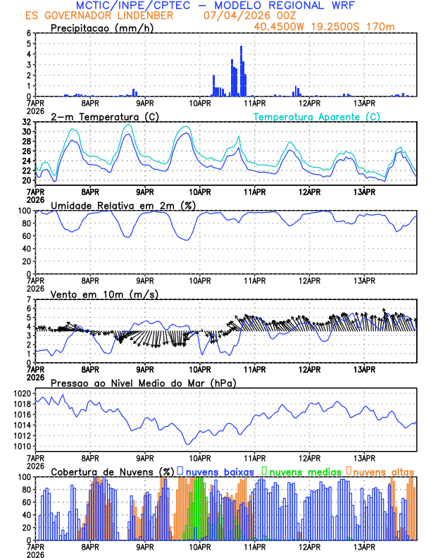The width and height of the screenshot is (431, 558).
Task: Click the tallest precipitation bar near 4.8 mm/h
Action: coord(241,70)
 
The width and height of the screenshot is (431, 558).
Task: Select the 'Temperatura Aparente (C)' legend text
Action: coord(317,116)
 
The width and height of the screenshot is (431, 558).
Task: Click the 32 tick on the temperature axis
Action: coord(27,121)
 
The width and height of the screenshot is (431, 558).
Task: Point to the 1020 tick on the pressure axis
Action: coord(23,393)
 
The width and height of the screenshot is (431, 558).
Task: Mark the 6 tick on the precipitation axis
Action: coord(29,33)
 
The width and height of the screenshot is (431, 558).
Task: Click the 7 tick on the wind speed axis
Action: coord(29,300)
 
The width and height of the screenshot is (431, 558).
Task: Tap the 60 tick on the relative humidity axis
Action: coord(27,236)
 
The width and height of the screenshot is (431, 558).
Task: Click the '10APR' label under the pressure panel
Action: coord(200,457)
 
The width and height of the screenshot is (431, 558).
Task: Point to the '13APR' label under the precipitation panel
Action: coord(364,102)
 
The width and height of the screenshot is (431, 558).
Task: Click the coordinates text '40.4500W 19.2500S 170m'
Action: coord(335,26)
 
